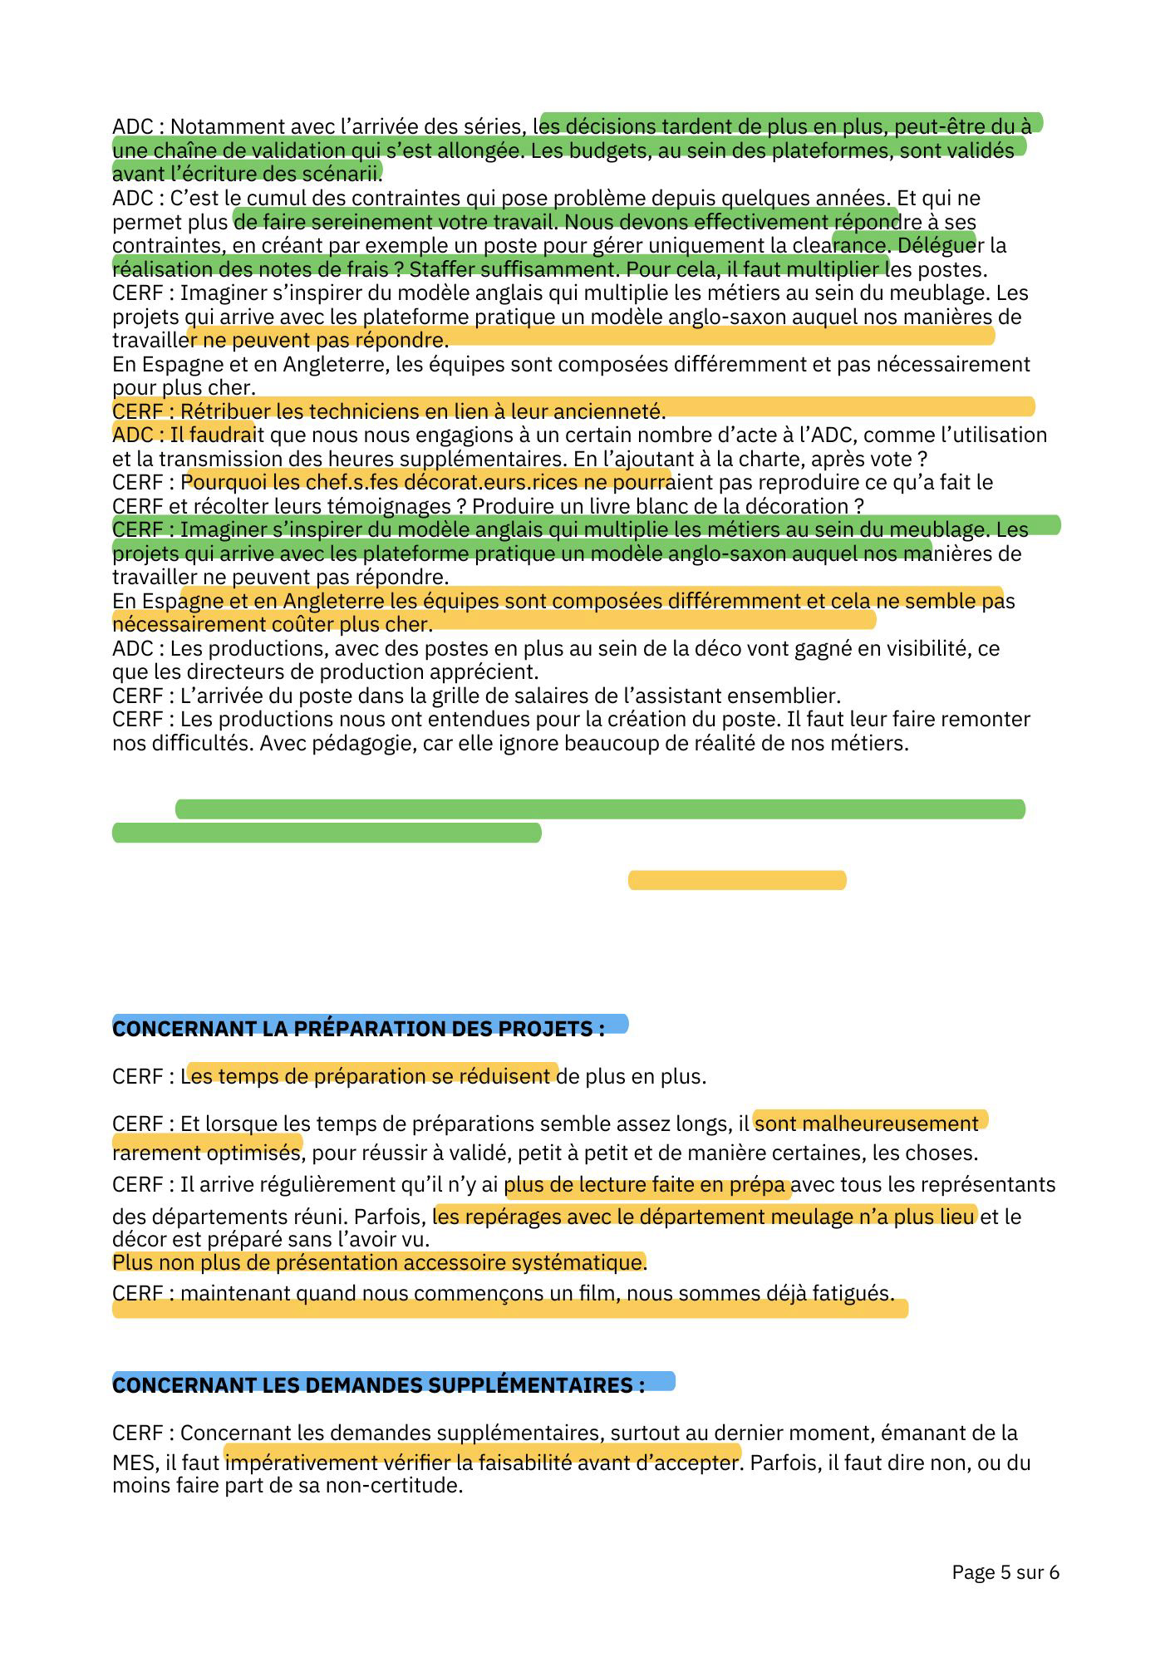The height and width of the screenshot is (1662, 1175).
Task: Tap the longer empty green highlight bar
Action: point(600,809)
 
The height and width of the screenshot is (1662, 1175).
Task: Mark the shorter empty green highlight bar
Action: point(327,833)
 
